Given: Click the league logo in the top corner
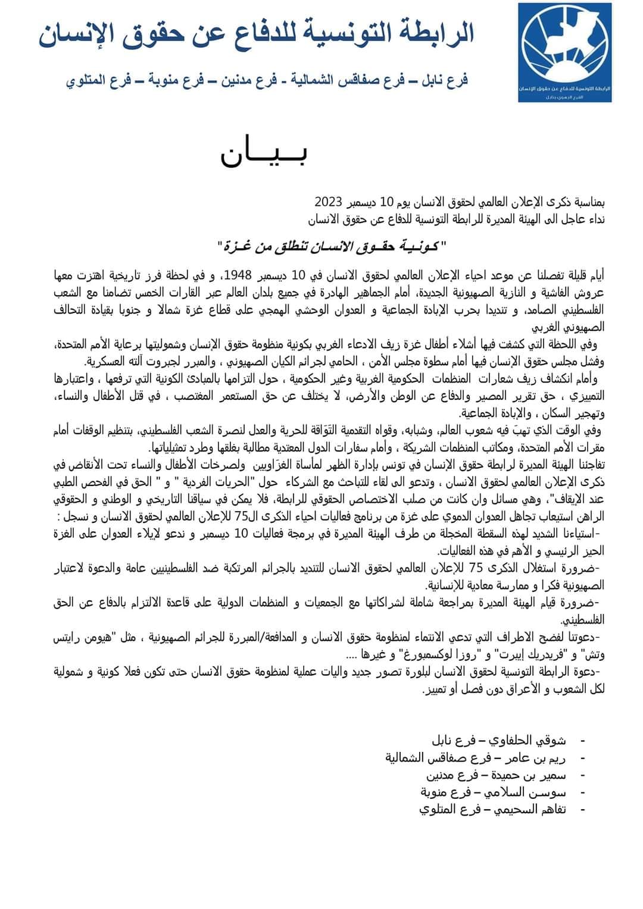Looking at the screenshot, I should tap(564, 52).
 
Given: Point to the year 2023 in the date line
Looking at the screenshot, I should tap(329, 199).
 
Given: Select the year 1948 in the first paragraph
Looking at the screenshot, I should tap(238, 275).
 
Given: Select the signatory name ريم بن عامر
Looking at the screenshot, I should tap(533, 758).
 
